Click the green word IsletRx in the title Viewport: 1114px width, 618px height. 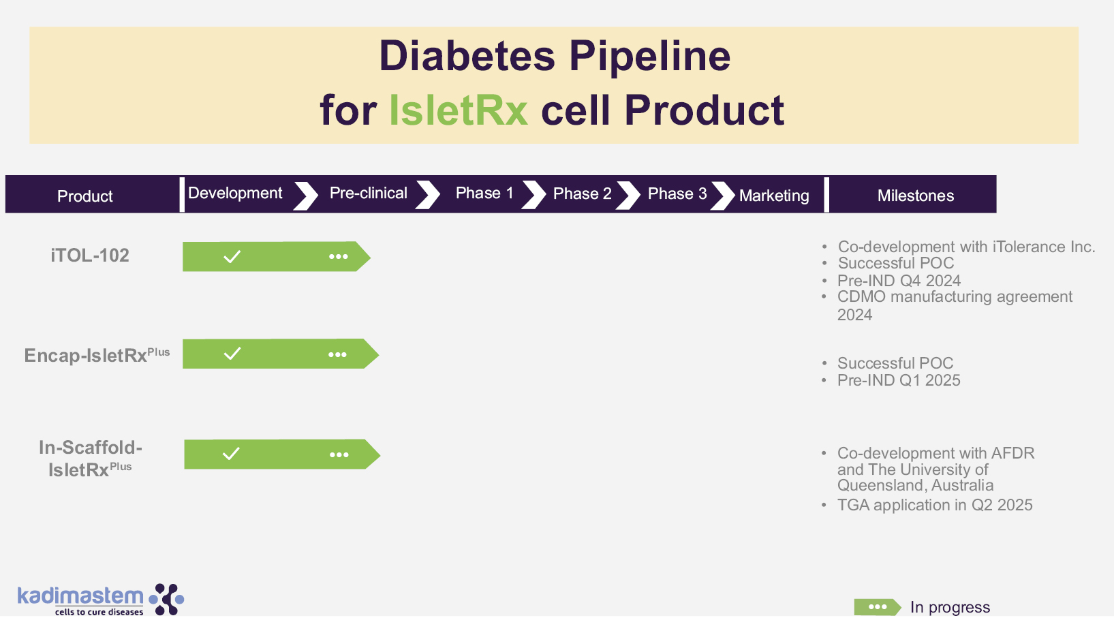coord(458,110)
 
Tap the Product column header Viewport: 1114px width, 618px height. coord(84,196)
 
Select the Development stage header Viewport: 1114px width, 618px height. coord(235,193)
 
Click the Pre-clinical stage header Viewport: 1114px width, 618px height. coord(368,193)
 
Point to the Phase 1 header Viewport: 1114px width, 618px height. coord(484,193)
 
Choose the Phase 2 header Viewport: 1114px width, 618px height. coord(583,194)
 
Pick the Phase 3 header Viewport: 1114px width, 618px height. coord(677,194)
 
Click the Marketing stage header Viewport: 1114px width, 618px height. coord(774,196)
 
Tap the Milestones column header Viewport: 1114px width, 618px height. coord(916,196)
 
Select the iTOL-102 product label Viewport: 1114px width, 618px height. coord(90,256)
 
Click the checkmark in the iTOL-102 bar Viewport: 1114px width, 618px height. coord(232,257)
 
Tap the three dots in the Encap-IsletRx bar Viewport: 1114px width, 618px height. coord(338,354)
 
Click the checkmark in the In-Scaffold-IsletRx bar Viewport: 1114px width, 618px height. coord(231,453)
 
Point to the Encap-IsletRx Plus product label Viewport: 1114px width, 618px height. coord(97,354)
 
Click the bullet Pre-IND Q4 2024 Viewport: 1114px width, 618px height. coord(899,281)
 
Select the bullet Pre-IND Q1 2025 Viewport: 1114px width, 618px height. coord(899,380)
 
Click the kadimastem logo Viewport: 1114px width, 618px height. coord(101,600)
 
